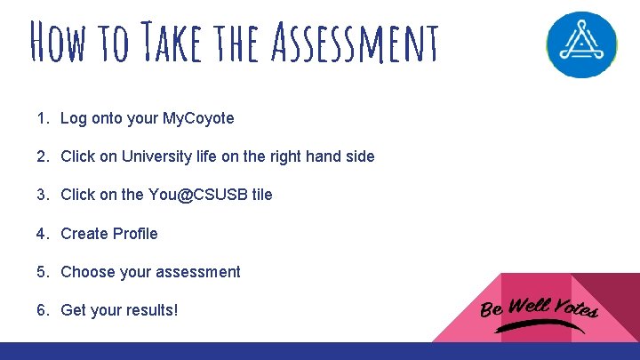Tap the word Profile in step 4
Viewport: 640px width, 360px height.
(x=135, y=234)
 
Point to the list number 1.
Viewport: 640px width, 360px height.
(x=42, y=118)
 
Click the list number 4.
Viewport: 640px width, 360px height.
(x=42, y=234)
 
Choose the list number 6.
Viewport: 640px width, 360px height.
(x=42, y=311)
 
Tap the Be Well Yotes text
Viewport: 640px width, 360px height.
(x=539, y=308)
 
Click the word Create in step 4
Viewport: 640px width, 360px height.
(x=84, y=234)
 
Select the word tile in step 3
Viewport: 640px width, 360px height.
(x=262, y=195)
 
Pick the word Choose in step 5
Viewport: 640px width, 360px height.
(x=86, y=272)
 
